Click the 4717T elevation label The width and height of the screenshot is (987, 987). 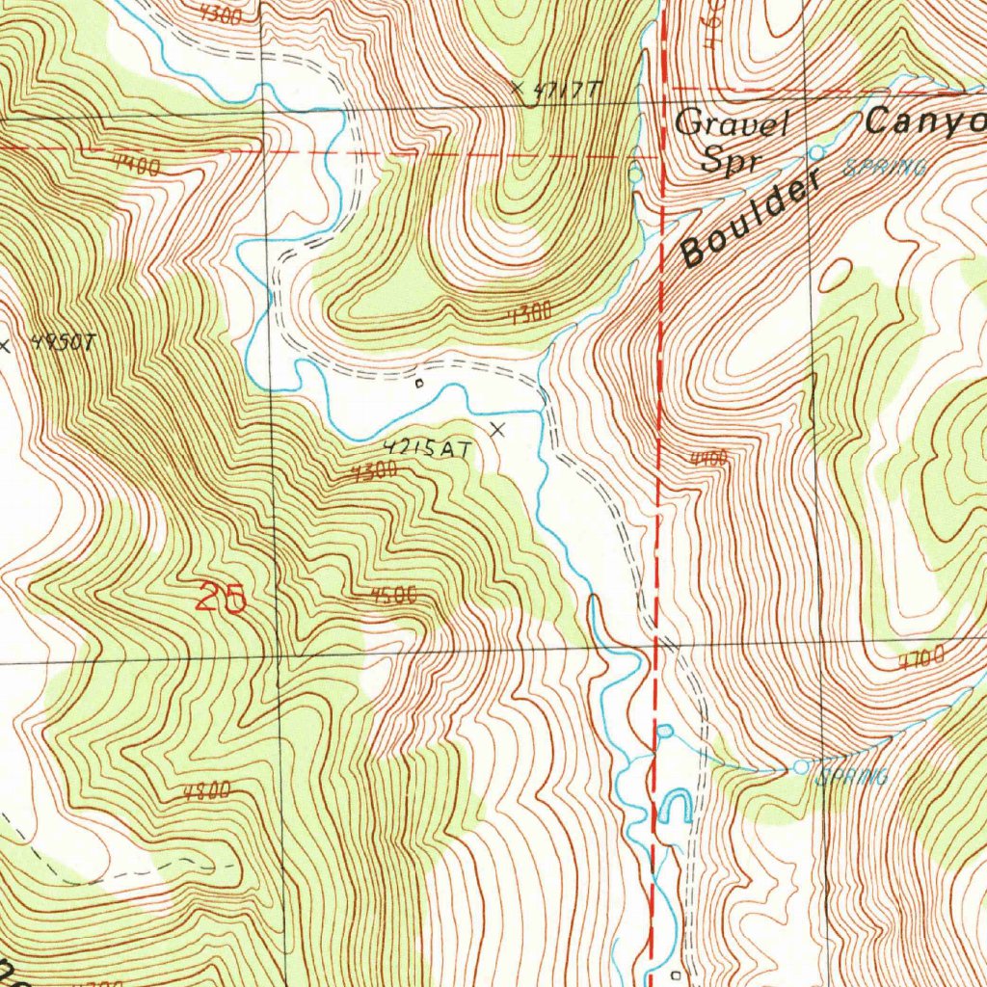[568, 91]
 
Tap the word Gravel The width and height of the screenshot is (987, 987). [733, 123]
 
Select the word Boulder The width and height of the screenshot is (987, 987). [748, 221]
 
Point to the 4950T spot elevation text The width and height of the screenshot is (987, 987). [64, 343]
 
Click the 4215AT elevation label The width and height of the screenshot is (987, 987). [427, 448]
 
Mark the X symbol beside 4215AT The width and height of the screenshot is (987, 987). [497, 429]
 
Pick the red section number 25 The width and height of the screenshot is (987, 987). [222, 599]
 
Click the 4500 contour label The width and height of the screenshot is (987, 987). [393, 596]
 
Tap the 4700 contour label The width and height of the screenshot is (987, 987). [922, 661]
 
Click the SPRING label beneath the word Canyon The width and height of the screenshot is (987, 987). [885, 168]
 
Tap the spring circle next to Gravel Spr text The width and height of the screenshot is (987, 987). [816, 153]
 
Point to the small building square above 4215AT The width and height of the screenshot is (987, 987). [418, 384]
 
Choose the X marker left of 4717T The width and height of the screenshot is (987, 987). [519, 90]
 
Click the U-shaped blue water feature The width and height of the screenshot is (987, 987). [675, 806]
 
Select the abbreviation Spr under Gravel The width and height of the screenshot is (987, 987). [726, 160]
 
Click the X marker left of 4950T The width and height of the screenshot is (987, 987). [6, 344]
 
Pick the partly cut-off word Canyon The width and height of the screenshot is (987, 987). [925, 121]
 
